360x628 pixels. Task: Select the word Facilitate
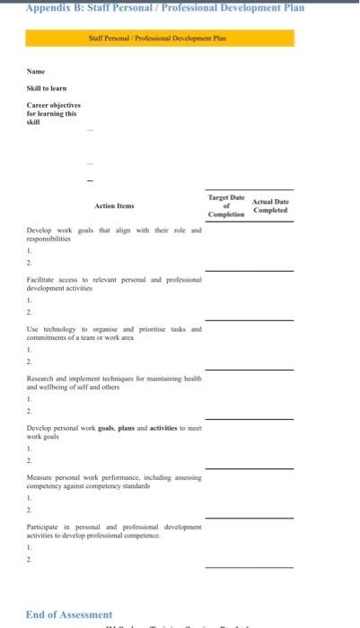pyautogui.click(x=43, y=281)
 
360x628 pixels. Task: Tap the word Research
pyautogui.click(x=42, y=379)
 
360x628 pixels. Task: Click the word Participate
pyautogui.click(x=45, y=527)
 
